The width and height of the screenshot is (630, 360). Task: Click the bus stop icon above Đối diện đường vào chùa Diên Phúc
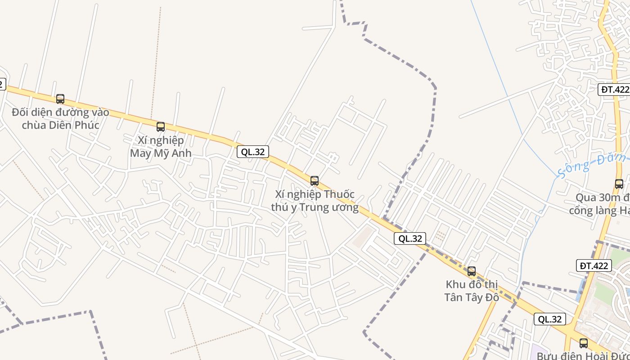pyautogui.click(x=60, y=99)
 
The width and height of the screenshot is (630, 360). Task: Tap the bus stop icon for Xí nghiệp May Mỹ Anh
pyautogui.click(x=161, y=127)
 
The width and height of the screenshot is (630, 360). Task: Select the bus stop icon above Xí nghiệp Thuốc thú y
pyautogui.click(x=315, y=181)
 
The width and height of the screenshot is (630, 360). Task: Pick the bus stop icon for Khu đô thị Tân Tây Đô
pyautogui.click(x=472, y=271)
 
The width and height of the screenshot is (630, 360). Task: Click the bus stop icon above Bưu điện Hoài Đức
pyautogui.click(x=584, y=343)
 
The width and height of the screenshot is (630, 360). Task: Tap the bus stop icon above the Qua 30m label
pyautogui.click(x=619, y=184)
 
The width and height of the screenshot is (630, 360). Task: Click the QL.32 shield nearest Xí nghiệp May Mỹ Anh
pyautogui.click(x=253, y=152)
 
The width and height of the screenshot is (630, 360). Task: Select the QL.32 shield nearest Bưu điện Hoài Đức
pyautogui.click(x=550, y=319)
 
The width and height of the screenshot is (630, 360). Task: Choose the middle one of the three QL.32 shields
pyautogui.click(x=410, y=238)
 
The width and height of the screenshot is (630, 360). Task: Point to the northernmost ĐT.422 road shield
pyautogui.click(x=615, y=89)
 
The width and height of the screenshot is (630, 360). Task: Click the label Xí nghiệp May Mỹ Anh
pyautogui.click(x=161, y=147)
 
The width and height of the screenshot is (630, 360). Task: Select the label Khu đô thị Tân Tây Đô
pyautogui.click(x=472, y=291)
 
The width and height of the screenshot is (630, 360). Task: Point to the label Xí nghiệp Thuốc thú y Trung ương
pyautogui.click(x=315, y=201)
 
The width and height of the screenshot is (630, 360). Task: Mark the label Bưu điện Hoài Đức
pyautogui.click(x=583, y=356)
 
